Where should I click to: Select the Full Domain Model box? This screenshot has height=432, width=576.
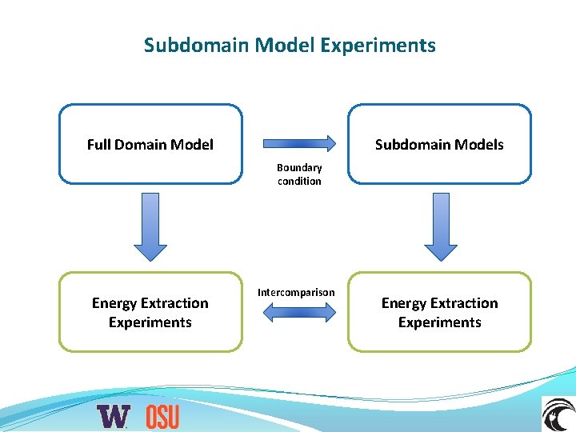click(x=150, y=144)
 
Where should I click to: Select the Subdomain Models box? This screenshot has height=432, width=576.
click(x=439, y=144)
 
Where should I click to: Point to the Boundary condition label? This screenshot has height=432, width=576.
click(x=299, y=174)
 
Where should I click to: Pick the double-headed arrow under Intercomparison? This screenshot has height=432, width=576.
click(x=300, y=313)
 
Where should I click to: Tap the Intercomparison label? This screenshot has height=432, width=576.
click(x=296, y=292)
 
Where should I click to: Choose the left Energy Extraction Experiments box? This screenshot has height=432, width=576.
click(x=150, y=312)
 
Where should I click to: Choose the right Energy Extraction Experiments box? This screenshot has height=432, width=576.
click(x=439, y=312)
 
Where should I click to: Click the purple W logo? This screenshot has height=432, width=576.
click(x=113, y=416)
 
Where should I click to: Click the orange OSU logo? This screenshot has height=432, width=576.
click(x=162, y=416)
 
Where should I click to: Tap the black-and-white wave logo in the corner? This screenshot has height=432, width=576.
click(x=558, y=414)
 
